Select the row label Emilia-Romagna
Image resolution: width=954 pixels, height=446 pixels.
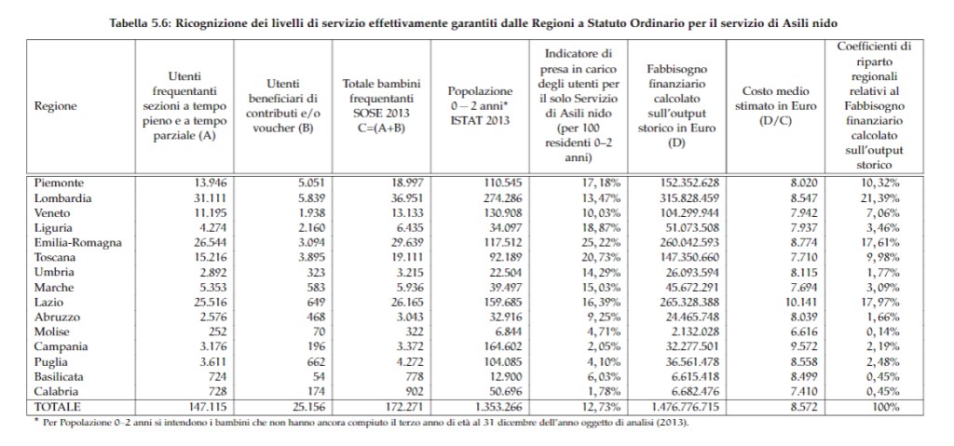(x=77, y=243)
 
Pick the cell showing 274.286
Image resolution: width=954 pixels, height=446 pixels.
(x=494, y=198)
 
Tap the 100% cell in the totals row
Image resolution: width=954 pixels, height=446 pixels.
(x=885, y=408)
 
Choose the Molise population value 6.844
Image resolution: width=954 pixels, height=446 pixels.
(x=498, y=332)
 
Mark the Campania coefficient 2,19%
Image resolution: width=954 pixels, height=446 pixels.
(x=881, y=347)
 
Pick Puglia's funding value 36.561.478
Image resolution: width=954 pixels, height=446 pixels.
(x=679, y=362)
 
